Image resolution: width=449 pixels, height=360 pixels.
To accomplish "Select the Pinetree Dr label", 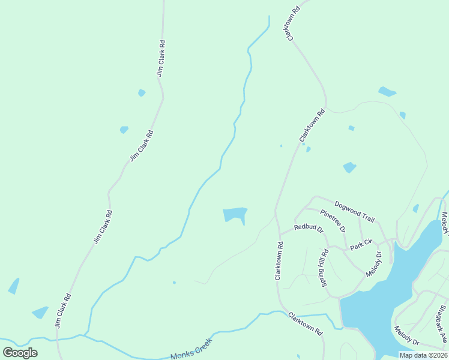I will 333,221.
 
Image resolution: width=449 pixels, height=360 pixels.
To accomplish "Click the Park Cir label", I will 362,245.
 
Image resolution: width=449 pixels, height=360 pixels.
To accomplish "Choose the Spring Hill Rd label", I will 324,267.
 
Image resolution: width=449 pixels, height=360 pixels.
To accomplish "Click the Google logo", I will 20,353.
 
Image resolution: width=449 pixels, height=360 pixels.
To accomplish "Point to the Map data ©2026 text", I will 423,355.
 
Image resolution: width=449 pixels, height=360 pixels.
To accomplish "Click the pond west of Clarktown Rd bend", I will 235,215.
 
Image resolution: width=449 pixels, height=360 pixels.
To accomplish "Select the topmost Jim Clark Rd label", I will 161,58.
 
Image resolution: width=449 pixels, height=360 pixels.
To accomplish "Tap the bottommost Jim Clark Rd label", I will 63,310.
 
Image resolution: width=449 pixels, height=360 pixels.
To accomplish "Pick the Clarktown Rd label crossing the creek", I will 305,324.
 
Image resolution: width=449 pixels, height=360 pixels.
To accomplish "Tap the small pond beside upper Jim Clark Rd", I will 142,92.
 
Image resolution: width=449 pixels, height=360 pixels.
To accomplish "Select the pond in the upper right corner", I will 387,92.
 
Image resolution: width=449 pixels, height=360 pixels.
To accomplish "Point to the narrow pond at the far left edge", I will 13,286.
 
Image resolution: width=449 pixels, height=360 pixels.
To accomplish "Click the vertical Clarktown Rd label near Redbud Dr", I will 279,261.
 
